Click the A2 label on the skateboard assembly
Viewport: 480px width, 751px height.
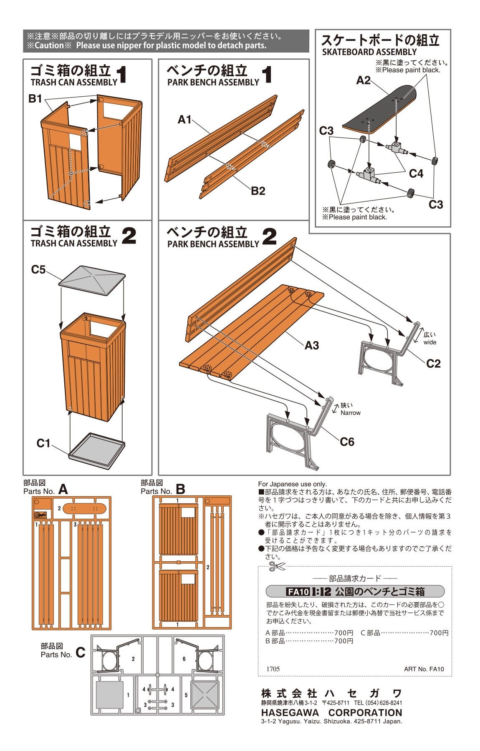[x=363, y=80]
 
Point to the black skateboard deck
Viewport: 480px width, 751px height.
[x=380, y=109]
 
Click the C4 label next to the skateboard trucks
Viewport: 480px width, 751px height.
[x=416, y=173]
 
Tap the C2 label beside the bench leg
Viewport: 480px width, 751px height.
[x=433, y=364]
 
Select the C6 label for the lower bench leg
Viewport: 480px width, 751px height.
[x=347, y=442]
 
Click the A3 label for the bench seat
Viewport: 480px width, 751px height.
[x=312, y=345]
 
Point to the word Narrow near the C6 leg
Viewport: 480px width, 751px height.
[x=350, y=413]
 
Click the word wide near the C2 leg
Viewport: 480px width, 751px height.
[x=429, y=342]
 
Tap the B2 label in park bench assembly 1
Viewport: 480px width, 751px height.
[x=258, y=191]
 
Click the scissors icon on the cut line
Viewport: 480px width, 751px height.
[x=277, y=566]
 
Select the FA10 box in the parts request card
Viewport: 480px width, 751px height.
[x=298, y=591]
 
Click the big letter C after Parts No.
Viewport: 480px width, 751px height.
[x=80, y=653]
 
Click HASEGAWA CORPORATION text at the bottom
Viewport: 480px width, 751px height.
[x=331, y=712]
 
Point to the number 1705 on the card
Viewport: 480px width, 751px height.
[x=273, y=669]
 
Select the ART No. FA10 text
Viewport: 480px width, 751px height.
[x=424, y=669]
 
